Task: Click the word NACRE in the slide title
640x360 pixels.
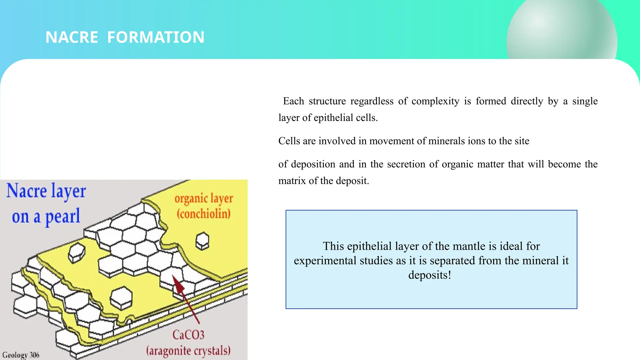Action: [72, 37]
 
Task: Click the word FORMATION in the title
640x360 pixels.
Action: [156, 37]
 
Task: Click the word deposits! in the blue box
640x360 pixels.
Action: [430, 275]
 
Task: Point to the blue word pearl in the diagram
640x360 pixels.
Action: [62, 217]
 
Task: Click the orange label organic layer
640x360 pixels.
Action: [204, 198]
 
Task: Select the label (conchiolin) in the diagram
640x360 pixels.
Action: [204, 214]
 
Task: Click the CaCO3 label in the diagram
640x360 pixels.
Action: [188, 335]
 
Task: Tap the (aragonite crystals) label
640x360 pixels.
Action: [188, 351]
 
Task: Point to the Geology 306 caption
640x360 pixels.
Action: [21, 355]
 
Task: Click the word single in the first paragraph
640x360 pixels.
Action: [585, 101]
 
